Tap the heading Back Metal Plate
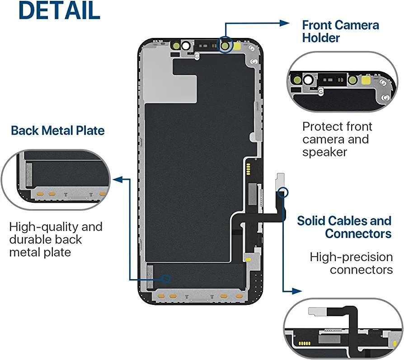click(58, 131)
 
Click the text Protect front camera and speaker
click(337, 139)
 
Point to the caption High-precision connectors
click(351, 263)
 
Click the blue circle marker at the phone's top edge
click(225, 45)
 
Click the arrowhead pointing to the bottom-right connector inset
click(297, 291)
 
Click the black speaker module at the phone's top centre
click(206, 45)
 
